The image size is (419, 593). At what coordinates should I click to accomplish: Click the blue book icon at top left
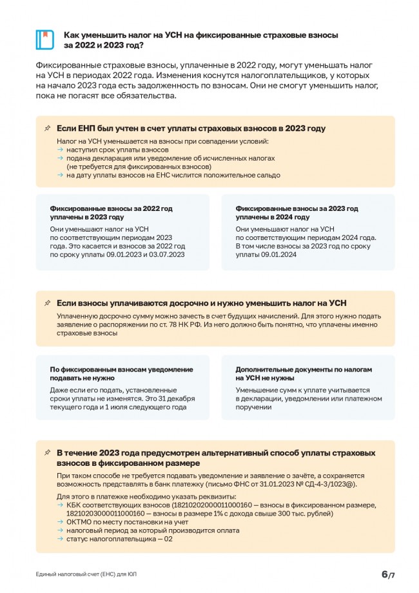pyautogui.click(x=44, y=40)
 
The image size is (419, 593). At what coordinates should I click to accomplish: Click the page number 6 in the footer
pyautogui.click(x=384, y=574)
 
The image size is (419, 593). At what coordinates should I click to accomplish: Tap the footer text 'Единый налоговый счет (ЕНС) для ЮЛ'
pyautogui.click(x=86, y=574)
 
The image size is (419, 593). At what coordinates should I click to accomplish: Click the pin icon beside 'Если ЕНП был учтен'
pyautogui.click(x=47, y=128)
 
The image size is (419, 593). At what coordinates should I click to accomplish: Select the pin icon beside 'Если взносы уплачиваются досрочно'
pyautogui.click(x=47, y=303)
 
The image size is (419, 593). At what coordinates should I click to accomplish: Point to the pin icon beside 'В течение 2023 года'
pyautogui.click(x=47, y=453)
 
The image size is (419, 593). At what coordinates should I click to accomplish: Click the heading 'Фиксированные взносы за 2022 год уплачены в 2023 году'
pyautogui.click(x=112, y=213)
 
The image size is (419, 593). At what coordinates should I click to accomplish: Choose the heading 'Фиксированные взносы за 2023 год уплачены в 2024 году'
pyautogui.click(x=297, y=213)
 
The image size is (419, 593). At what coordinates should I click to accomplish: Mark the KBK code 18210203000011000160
pyautogui.click(x=104, y=514)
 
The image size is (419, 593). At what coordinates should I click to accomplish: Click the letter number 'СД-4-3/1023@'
pyautogui.click(x=326, y=484)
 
